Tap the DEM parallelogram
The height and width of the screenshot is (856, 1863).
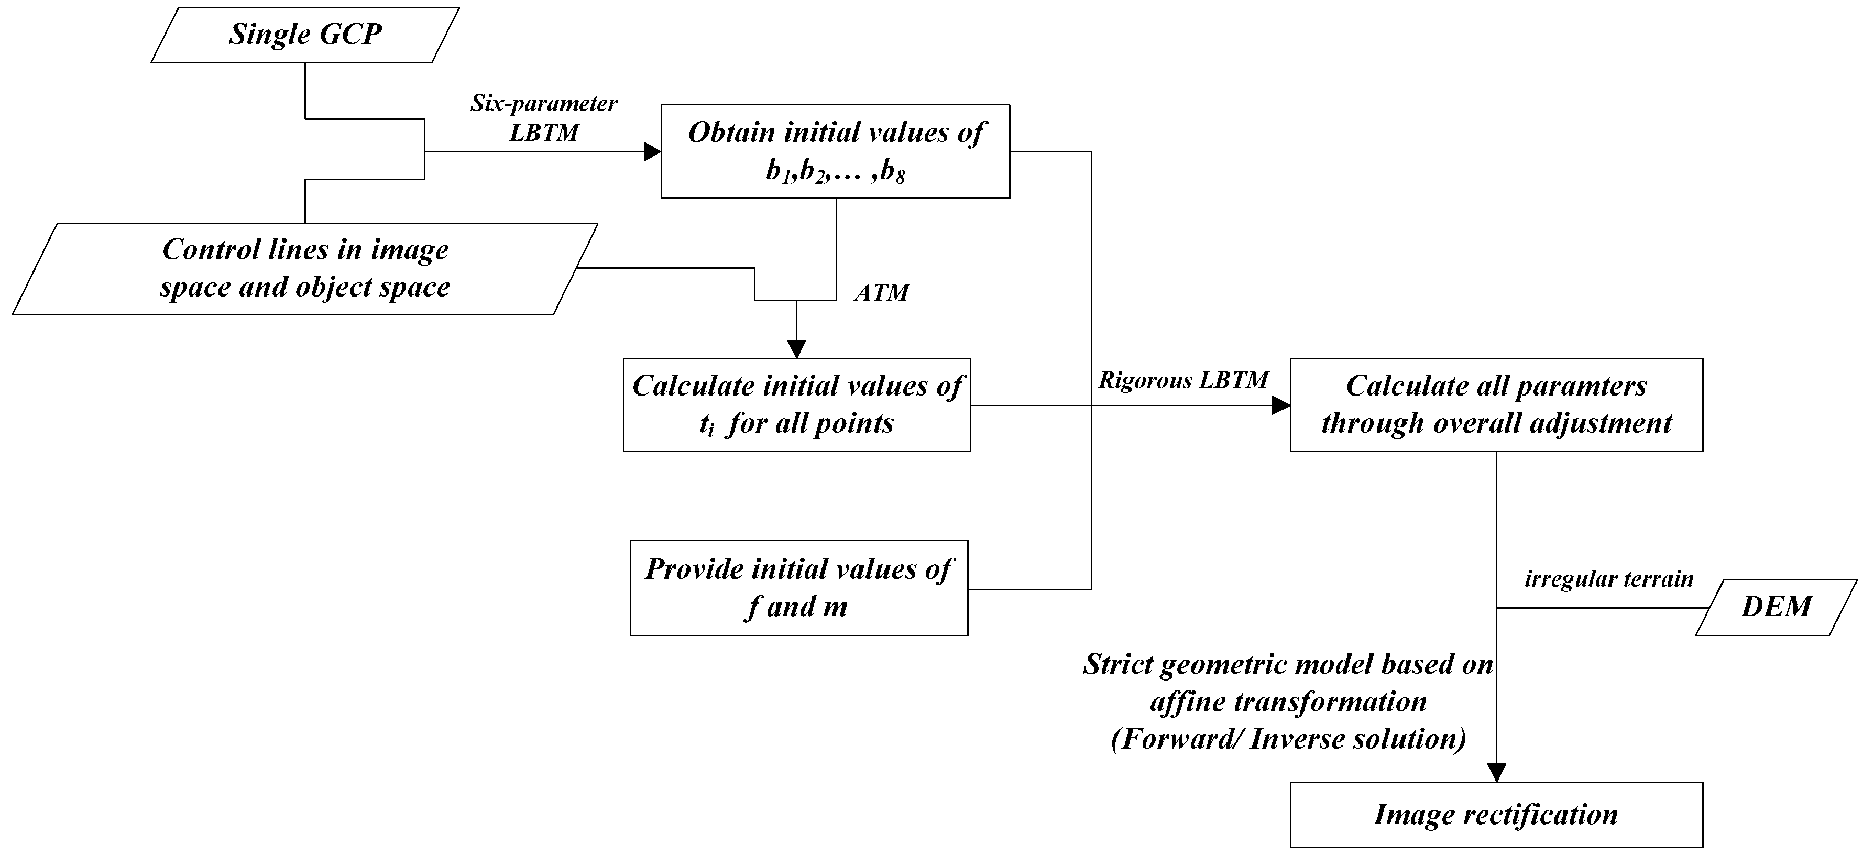tap(1776, 607)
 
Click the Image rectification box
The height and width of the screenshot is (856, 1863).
tap(1496, 815)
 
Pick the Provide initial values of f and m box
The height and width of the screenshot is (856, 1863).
tap(798, 588)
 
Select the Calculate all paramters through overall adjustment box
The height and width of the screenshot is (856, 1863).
tap(1496, 405)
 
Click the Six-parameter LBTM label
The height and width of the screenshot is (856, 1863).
tap(544, 118)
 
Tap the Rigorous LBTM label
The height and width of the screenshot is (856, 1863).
tap(1183, 381)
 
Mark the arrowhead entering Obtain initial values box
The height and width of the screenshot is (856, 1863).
tap(652, 152)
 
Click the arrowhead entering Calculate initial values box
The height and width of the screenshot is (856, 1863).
tap(796, 350)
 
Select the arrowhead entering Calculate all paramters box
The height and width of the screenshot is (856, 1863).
tap(1281, 405)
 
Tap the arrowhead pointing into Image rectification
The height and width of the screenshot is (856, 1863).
tap(1496, 773)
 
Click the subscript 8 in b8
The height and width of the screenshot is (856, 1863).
tap(900, 177)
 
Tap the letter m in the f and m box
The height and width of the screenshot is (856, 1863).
tap(835, 607)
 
